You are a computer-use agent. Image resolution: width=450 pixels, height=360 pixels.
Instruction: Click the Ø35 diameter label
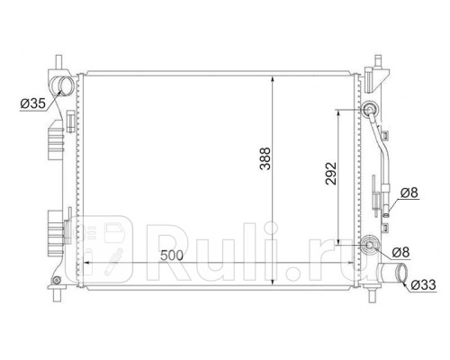click(x=32, y=103)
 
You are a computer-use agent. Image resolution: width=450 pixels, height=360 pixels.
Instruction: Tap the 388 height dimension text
click(x=265, y=158)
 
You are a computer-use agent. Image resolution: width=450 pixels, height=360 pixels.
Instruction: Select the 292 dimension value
click(x=331, y=174)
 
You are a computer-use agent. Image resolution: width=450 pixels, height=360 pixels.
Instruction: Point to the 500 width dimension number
click(x=172, y=256)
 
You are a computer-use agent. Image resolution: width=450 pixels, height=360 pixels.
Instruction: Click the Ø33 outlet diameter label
click(x=423, y=284)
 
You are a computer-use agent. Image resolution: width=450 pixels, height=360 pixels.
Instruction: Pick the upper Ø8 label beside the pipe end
click(x=409, y=193)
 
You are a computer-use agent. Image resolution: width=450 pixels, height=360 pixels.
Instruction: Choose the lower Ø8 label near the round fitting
click(x=400, y=252)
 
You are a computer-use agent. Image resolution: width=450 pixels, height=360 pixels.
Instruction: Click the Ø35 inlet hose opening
click(x=63, y=85)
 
